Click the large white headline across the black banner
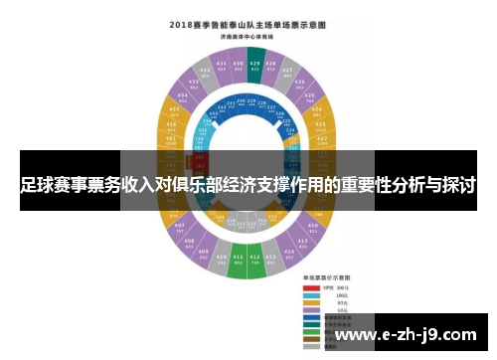click(248, 185)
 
